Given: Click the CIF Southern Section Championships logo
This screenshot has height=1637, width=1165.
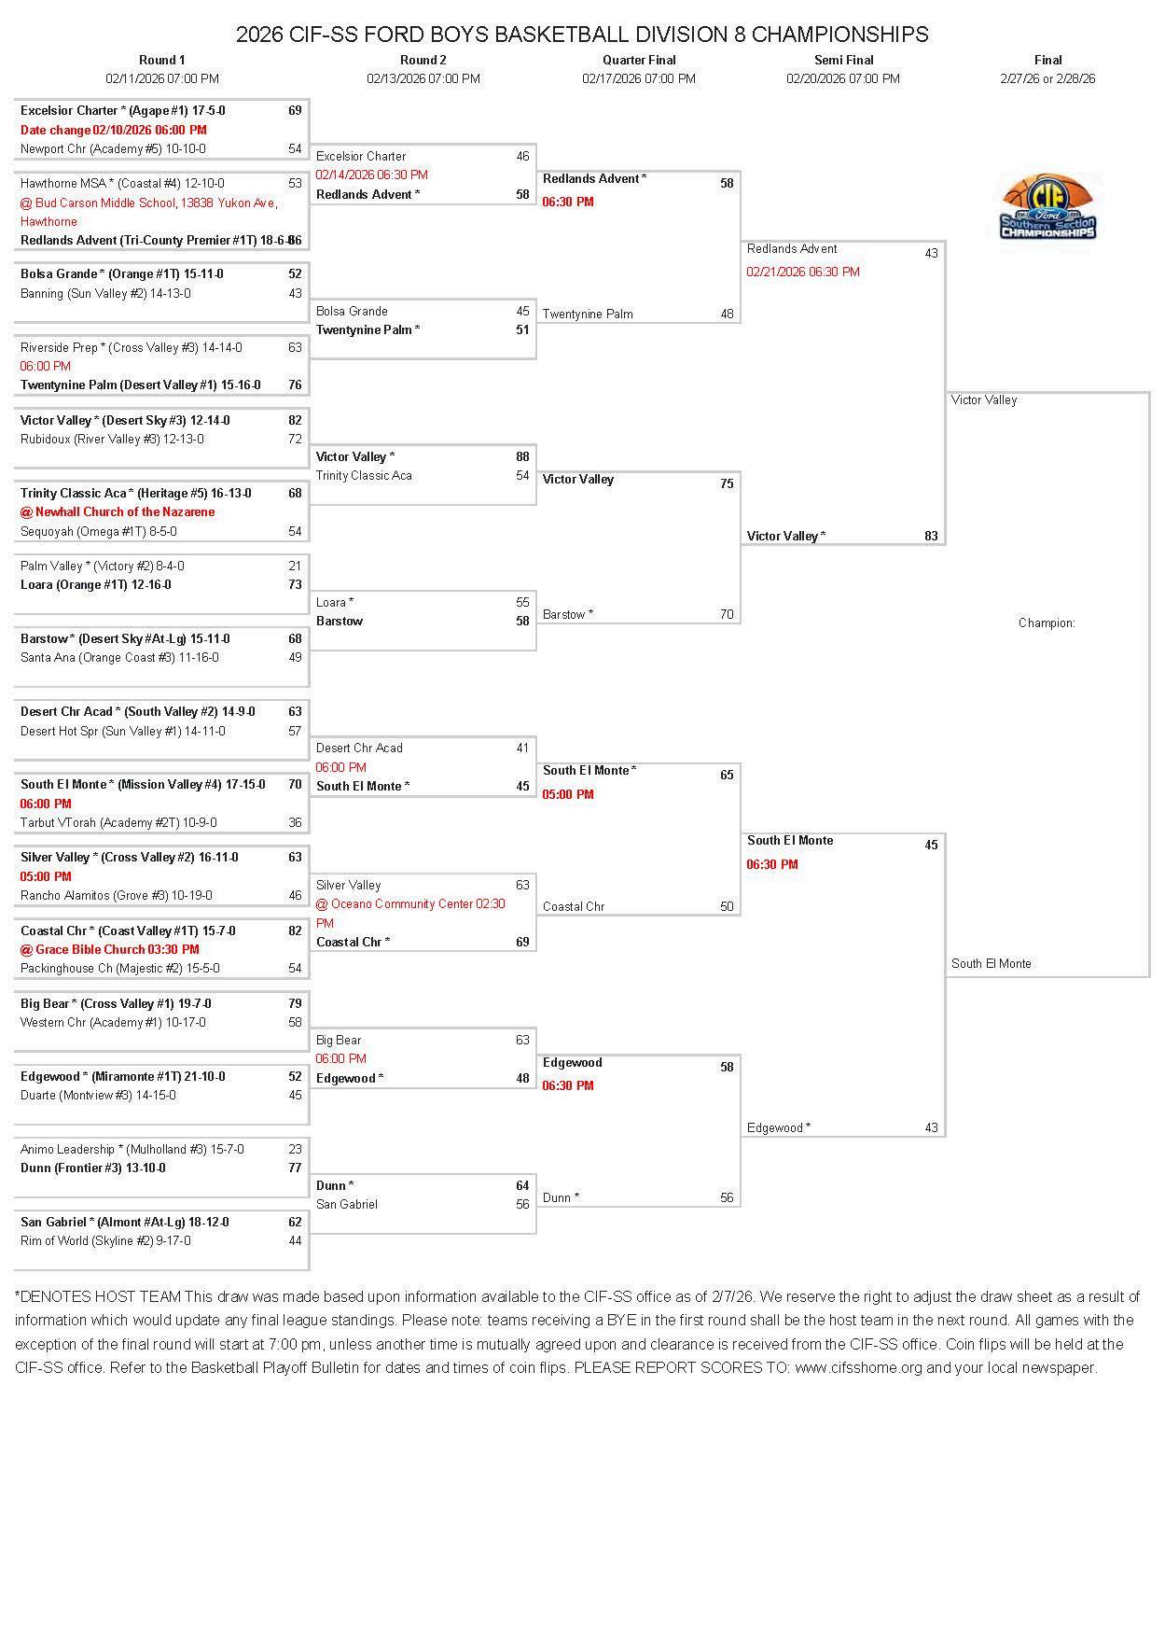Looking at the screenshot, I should coord(1047,206).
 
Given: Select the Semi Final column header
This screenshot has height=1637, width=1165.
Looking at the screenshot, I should coord(843,60).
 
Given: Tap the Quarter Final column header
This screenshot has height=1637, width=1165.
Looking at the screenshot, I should coord(639,60).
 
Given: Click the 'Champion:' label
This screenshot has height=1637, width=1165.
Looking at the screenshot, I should coord(1047,623).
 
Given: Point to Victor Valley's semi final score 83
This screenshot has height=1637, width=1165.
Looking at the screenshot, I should coord(931,536).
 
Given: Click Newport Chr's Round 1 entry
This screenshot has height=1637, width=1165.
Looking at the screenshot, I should coord(113,148).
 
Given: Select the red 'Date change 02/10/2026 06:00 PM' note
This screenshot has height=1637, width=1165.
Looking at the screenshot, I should coord(114,130).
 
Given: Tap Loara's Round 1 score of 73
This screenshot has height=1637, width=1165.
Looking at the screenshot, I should coord(295,584).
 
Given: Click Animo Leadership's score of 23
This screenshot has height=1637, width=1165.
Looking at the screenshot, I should coord(295,1149).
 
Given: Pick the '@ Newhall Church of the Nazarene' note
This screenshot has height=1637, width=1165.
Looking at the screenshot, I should coord(118,511).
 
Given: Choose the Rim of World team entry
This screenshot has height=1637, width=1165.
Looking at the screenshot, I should coord(105,1240).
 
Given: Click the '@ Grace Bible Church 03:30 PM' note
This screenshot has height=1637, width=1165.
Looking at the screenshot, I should coord(110,949).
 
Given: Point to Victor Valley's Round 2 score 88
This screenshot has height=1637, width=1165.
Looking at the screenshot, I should coord(522,456).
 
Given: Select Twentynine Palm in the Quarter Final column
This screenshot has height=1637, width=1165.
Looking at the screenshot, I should coord(588,314).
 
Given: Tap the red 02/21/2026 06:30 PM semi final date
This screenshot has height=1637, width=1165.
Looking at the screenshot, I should coord(803,272).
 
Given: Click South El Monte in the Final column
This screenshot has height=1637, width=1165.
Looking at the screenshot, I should coord(992,963).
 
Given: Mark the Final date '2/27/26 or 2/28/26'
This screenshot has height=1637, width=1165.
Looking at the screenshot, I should coord(1047,78).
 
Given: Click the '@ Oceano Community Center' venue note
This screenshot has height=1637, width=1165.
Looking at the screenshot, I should coord(410,903).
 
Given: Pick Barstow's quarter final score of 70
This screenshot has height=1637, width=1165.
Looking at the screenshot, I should coord(727,614).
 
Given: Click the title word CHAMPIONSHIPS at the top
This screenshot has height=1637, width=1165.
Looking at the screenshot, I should coord(839,35).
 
